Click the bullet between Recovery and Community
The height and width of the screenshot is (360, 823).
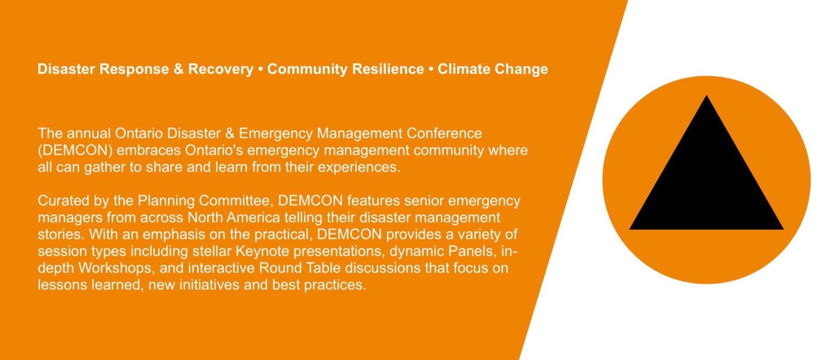260,70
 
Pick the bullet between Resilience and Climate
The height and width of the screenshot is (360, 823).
431,70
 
